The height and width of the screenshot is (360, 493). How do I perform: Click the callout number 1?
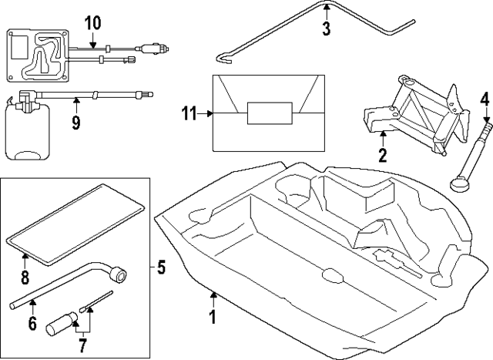pyautogui.click(x=213, y=316)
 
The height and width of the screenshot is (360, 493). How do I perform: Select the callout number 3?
pyautogui.click(x=326, y=29)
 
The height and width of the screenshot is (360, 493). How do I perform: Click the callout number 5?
pyautogui.click(x=161, y=268)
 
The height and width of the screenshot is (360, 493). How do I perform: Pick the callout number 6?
pyautogui.click(x=32, y=324)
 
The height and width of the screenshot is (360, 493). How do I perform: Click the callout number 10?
pyautogui.click(x=92, y=22)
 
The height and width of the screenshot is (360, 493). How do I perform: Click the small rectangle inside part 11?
pyautogui.click(x=269, y=113)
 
